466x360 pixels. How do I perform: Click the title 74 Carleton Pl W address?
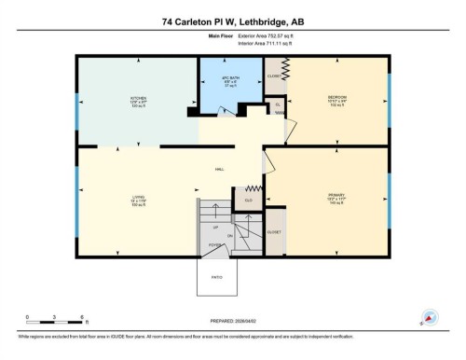click(232, 21)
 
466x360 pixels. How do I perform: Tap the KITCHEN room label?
click(138, 99)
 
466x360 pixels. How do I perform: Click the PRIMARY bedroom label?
click(336, 196)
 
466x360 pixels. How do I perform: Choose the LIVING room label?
click(138, 199)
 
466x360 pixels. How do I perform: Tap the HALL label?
click(220, 169)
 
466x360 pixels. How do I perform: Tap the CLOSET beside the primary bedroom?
click(275, 231)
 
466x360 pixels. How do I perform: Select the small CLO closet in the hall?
click(249, 201)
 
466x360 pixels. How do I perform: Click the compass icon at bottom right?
click(430, 316)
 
